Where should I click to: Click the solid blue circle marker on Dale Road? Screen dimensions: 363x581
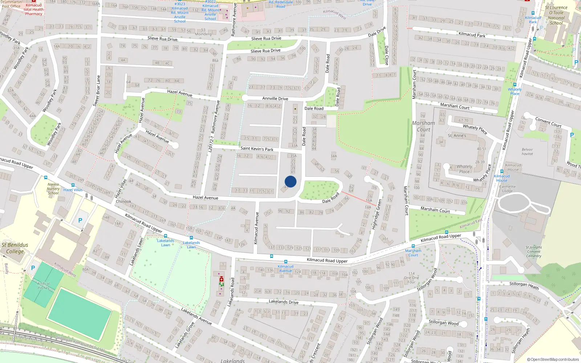[x=290, y=181]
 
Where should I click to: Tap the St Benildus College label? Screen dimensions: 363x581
[x=15, y=248]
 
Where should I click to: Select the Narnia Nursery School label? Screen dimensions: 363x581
[x=53, y=189]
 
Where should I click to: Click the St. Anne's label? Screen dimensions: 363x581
[x=457, y=136]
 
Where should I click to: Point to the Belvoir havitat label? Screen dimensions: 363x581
[x=527, y=152]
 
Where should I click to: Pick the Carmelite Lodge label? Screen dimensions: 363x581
[x=507, y=188]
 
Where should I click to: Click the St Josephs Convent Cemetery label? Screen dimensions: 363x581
[x=533, y=252]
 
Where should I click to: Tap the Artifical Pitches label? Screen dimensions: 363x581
[x=43, y=286]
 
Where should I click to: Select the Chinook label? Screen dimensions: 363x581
[x=123, y=201]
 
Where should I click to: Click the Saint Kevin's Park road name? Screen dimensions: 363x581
[x=257, y=148]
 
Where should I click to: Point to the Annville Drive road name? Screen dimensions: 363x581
[x=275, y=98]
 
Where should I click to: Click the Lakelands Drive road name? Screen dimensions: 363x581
[x=284, y=302]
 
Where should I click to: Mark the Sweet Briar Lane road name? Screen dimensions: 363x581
[x=97, y=91]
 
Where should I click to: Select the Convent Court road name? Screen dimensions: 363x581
[x=548, y=122]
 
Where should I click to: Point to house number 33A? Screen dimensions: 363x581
[x=294, y=146]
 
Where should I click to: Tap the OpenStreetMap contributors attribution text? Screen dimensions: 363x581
[x=553, y=359]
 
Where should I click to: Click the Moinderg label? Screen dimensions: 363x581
[x=203, y=34]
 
